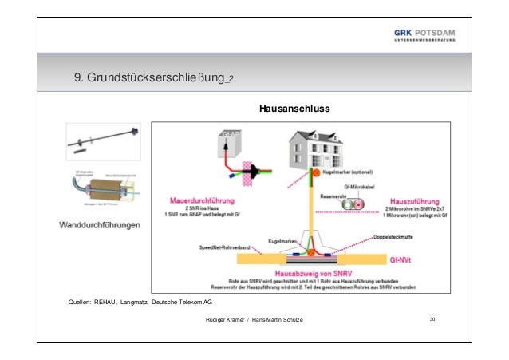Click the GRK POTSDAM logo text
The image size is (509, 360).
(425, 32)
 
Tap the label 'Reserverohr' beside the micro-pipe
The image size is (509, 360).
(333, 195)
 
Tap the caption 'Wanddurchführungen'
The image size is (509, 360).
(101, 226)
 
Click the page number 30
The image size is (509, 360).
(432, 319)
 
